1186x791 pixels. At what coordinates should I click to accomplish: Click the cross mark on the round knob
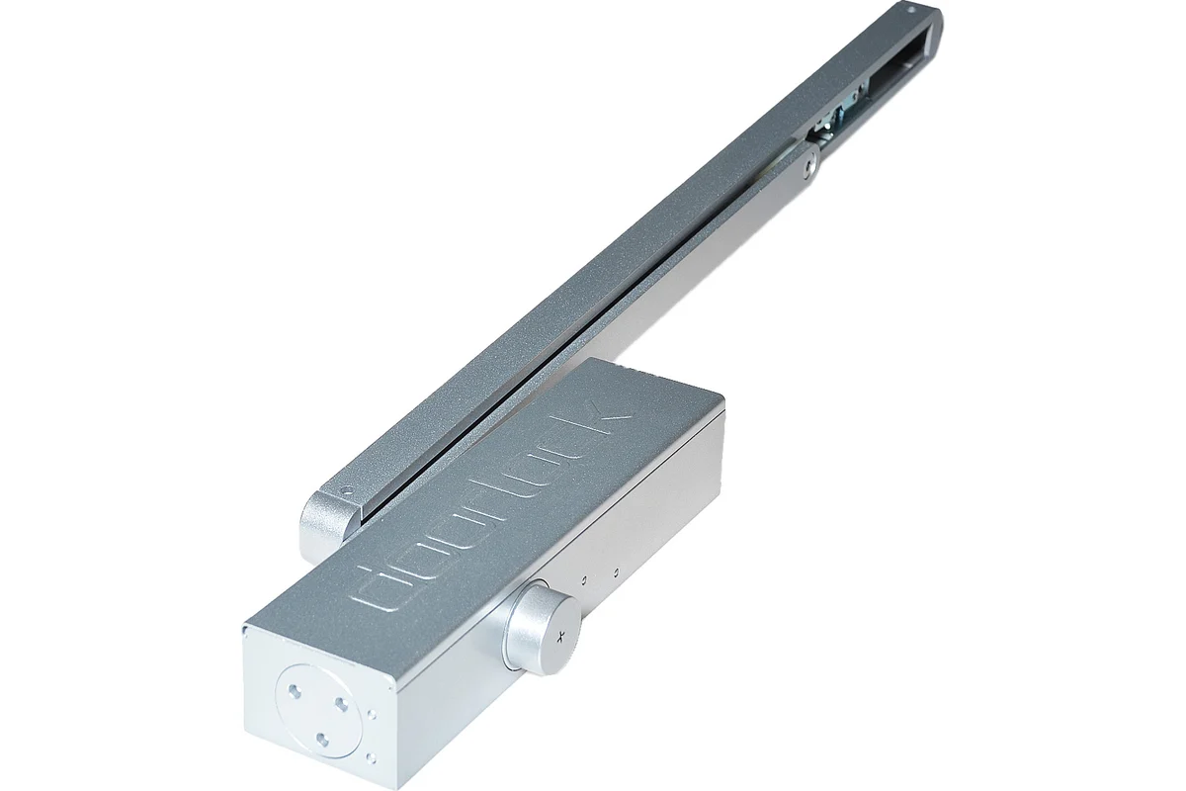pos(559,638)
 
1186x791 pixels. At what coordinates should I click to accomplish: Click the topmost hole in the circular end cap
pos(295,690)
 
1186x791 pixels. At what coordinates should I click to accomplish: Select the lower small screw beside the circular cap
pos(374,756)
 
